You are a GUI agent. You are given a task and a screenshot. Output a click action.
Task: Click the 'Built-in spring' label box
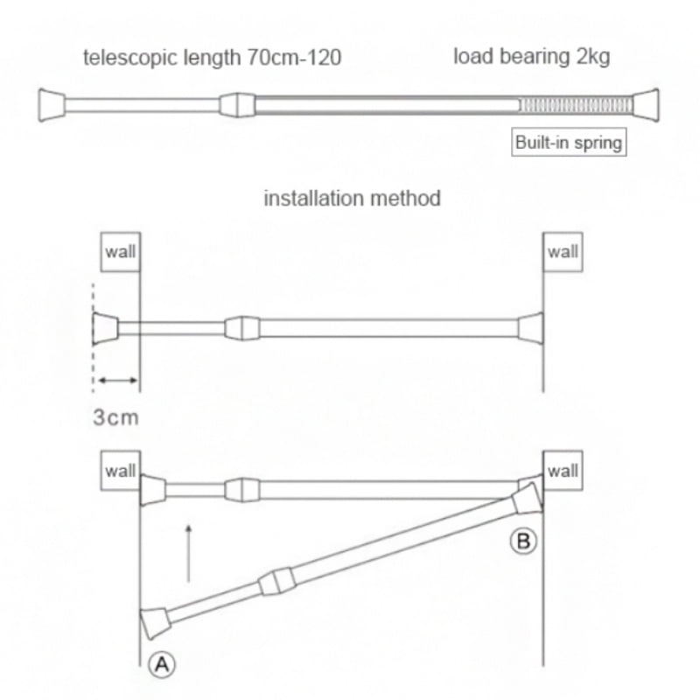[x=569, y=142]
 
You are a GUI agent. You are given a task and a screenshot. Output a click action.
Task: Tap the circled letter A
[x=162, y=665]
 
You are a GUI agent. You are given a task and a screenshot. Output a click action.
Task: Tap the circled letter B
[x=523, y=541]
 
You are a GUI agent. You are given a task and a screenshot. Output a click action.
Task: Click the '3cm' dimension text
[x=116, y=417]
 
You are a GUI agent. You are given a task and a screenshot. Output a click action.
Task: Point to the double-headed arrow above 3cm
[x=118, y=381]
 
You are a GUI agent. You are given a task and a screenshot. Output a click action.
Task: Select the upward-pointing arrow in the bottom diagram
[x=188, y=554]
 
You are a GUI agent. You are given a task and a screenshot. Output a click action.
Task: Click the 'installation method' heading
[x=353, y=199]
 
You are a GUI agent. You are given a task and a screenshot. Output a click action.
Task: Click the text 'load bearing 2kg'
[x=532, y=57]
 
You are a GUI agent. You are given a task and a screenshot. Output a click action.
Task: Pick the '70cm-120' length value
[x=294, y=58]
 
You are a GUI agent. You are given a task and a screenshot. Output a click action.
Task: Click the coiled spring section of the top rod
[x=576, y=105]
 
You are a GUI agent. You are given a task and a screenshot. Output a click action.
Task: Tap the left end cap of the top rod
[x=52, y=105]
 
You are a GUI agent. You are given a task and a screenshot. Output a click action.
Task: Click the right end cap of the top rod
[x=646, y=105]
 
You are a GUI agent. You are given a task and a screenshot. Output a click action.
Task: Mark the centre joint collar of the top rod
[x=237, y=105]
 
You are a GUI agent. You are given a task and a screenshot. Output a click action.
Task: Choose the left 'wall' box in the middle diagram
[x=121, y=252]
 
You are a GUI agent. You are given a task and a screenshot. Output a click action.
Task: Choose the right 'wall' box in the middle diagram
[x=563, y=252]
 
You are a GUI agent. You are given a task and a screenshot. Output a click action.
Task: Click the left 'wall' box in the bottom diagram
[x=121, y=471]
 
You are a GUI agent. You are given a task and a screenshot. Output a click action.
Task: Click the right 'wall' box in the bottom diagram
[x=563, y=471]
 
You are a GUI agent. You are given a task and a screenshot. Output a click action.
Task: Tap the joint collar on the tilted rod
[x=277, y=582]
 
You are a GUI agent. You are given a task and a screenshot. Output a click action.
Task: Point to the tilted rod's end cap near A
[x=155, y=623]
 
